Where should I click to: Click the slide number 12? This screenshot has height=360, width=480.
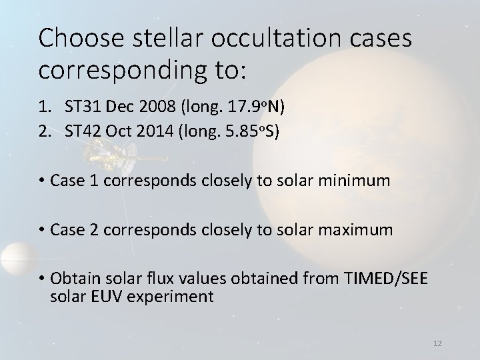click(x=437, y=343)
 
